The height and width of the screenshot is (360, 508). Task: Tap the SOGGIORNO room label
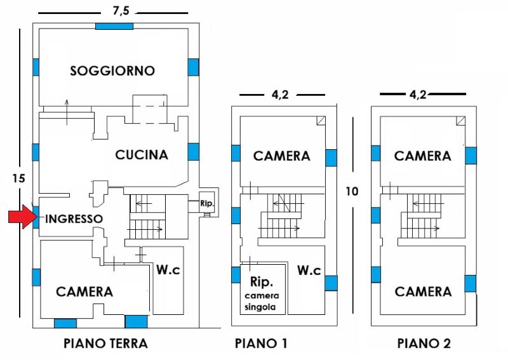(112, 70)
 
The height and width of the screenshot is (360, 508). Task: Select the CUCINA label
(141, 154)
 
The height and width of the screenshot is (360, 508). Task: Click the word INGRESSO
(74, 218)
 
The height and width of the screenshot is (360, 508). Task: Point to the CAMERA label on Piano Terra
(84, 291)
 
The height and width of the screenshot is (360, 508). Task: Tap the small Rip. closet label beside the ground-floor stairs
(206, 204)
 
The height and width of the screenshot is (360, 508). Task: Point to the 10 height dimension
(353, 190)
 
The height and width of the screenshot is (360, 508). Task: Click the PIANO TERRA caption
(105, 344)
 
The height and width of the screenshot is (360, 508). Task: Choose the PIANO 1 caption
(261, 344)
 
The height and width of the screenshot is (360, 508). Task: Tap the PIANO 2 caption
(424, 344)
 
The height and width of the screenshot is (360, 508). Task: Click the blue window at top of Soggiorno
(114, 26)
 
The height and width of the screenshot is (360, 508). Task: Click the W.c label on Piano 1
(309, 270)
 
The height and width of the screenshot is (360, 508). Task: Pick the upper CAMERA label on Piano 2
(423, 156)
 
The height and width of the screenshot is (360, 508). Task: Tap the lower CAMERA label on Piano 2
(423, 291)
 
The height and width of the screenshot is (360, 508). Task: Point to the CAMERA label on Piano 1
(282, 156)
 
